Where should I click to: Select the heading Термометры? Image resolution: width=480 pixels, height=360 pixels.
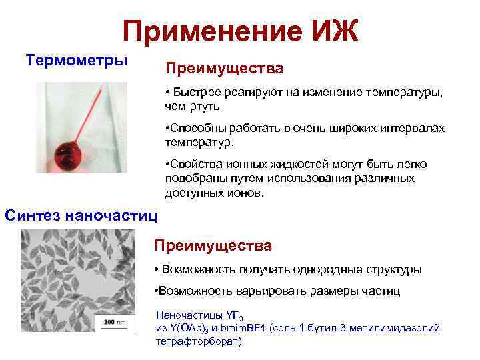coord(76,60)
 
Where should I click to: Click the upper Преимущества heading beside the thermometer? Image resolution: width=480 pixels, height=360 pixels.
coord(224,69)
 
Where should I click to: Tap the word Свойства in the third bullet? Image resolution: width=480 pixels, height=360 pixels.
coord(195,165)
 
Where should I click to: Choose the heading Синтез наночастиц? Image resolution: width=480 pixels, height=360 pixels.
coord(81,215)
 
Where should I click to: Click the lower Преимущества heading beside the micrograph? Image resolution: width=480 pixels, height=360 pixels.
coord(213,246)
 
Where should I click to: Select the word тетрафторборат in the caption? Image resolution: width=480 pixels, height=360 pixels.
coord(198,341)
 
